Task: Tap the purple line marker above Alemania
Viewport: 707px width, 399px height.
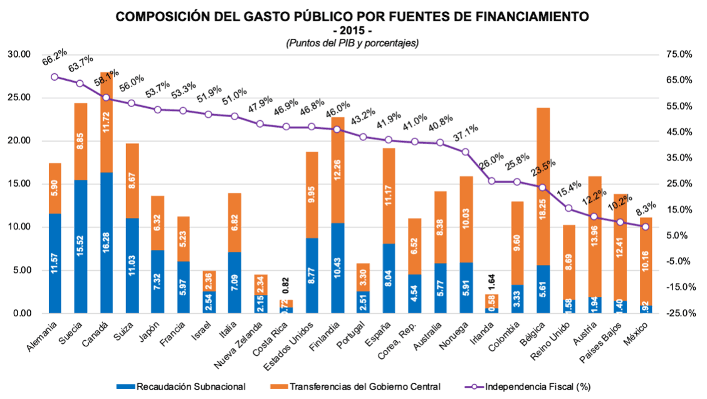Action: pyautogui.click(x=55, y=77)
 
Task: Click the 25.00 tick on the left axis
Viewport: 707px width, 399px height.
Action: pyautogui.click(x=18, y=98)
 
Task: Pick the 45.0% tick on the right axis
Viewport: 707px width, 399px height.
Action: pyautogui.click(x=679, y=132)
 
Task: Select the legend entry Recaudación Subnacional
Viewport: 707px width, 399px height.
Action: pyautogui.click(x=188, y=386)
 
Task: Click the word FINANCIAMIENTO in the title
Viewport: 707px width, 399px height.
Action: pyautogui.click(x=528, y=18)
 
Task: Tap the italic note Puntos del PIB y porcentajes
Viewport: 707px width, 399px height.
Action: pyautogui.click(x=352, y=43)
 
